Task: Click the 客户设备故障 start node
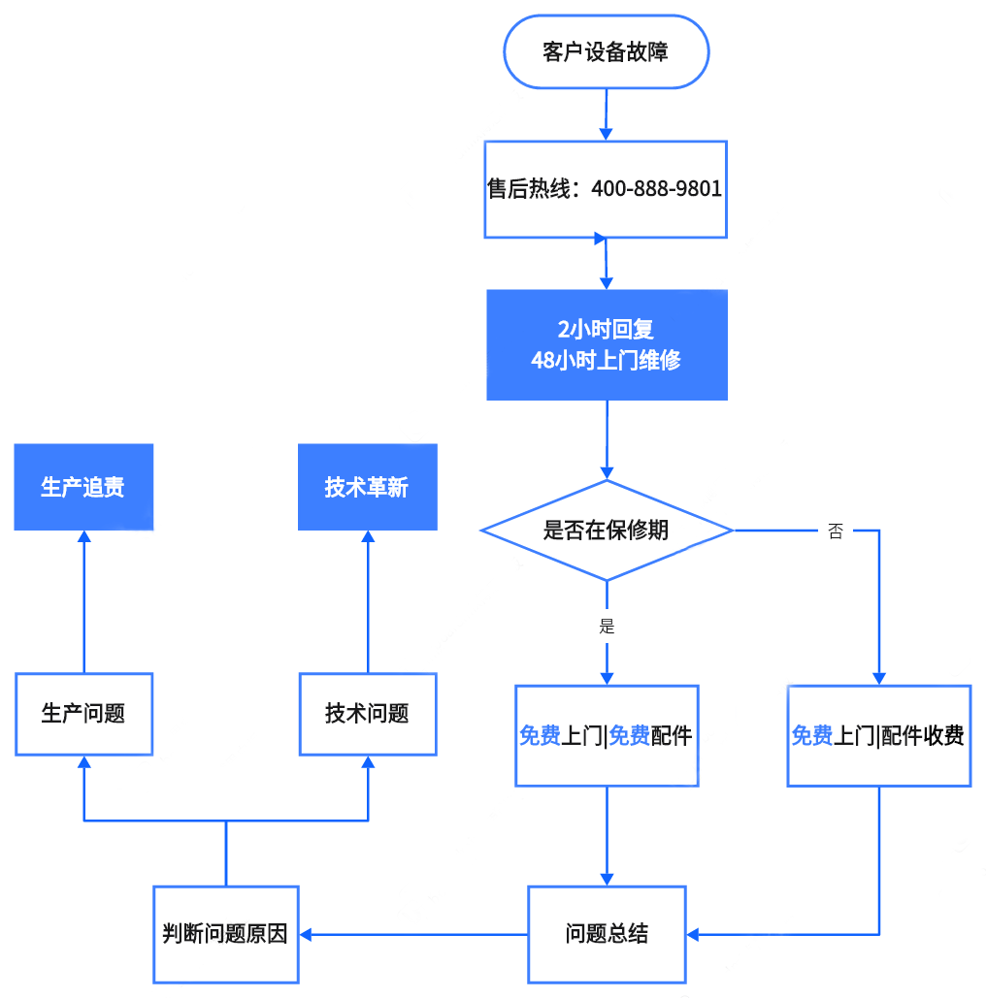click(x=606, y=52)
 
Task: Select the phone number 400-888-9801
click(x=657, y=189)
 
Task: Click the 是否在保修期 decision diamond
click(x=607, y=530)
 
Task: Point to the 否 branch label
click(x=836, y=531)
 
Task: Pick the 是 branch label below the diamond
click(x=608, y=626)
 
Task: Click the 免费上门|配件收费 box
click(x=878, y=736)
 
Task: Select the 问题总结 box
click(x=607, y=934)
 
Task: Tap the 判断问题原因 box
click(x=225, y=934)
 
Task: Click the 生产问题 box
click(x=83, y=714)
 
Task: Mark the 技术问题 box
click(x=368, y=714)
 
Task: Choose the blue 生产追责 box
click(x=83, y=487)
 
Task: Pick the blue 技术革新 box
click(x=368, y=487)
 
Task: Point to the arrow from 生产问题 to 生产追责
click(x=83, y=601)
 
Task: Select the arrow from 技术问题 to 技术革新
click(x=368, y=601)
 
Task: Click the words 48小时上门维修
click(x=607, y=360)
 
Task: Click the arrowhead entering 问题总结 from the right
click(x=694, y=935)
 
